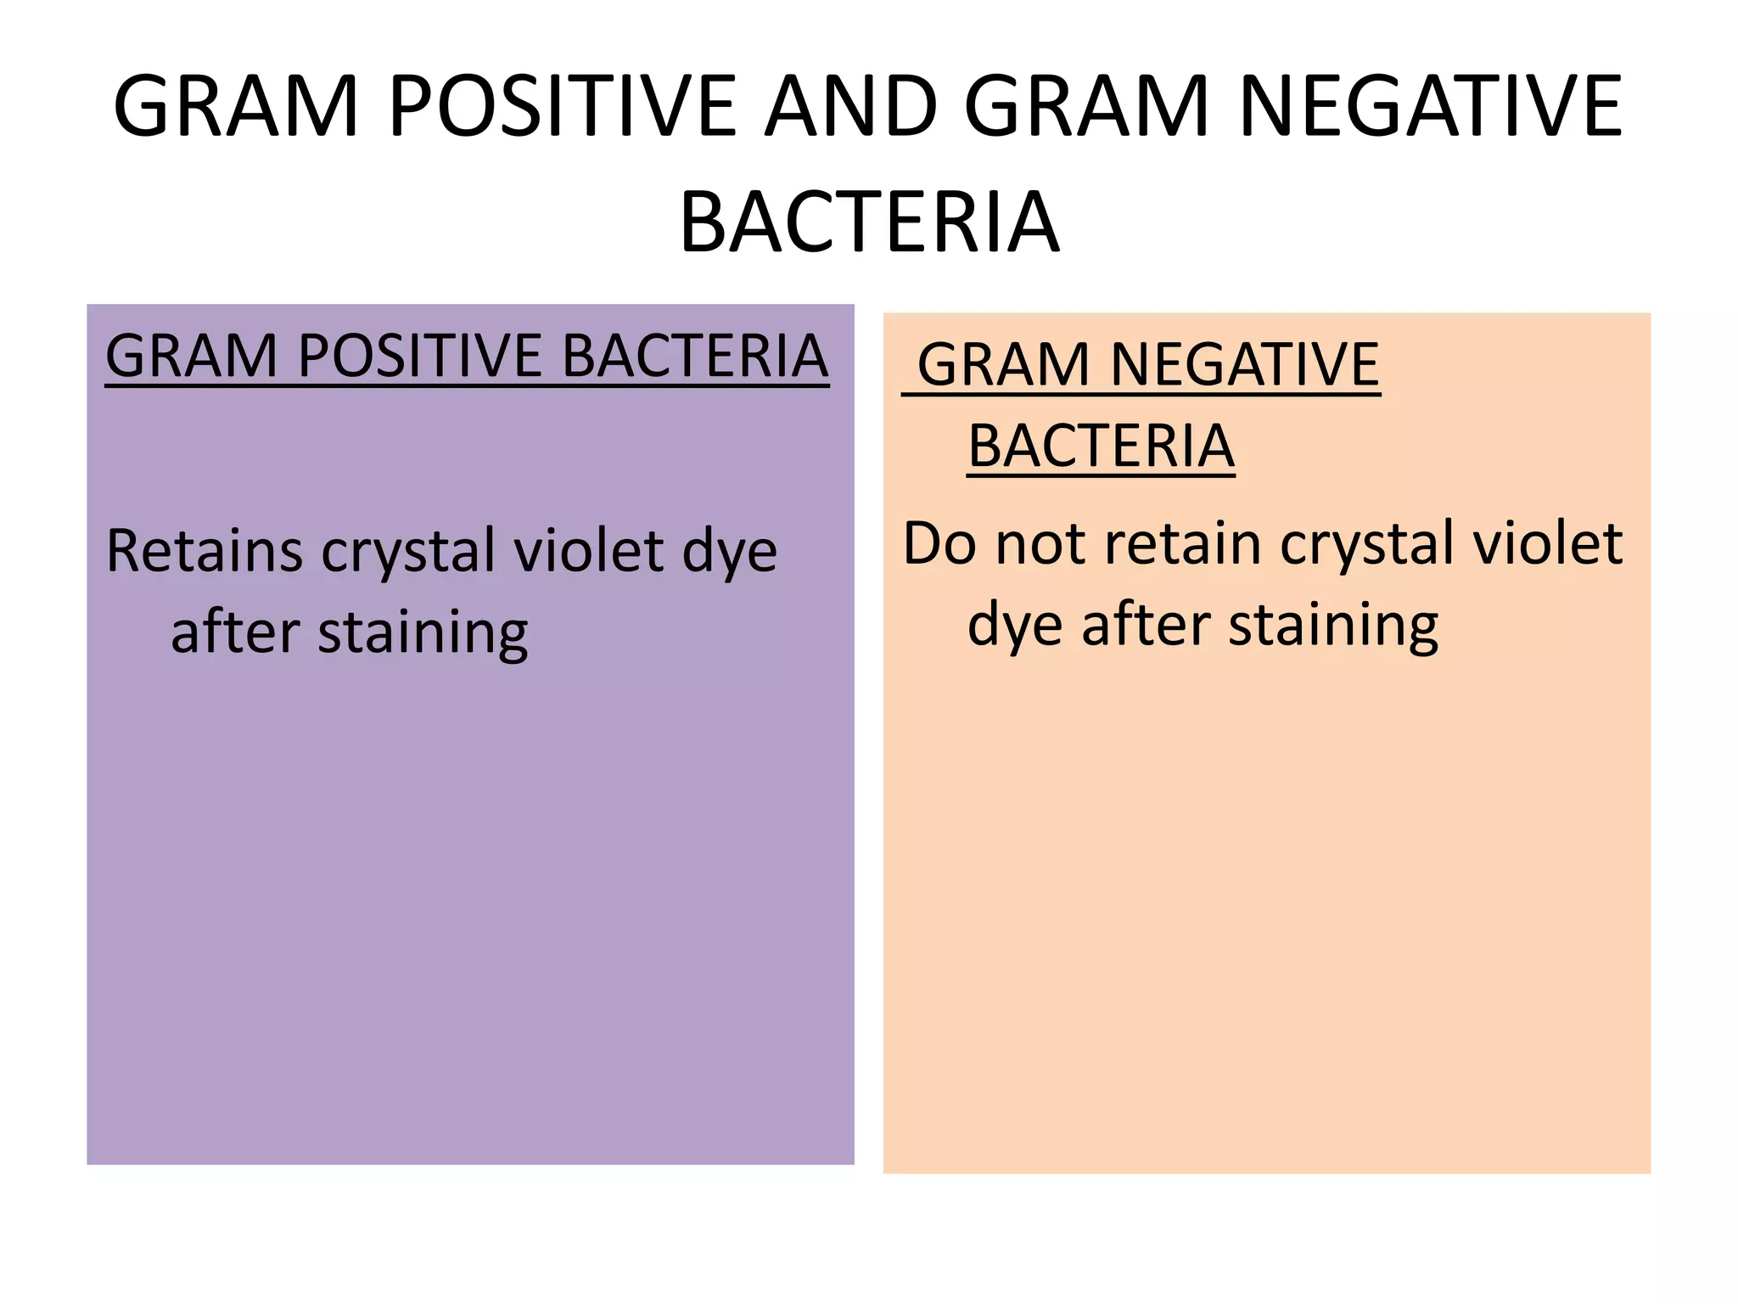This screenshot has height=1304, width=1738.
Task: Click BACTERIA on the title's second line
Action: [869, 222]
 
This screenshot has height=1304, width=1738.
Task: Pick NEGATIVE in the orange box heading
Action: [1244, 365]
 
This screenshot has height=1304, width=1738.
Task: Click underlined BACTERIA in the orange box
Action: [1101, 447]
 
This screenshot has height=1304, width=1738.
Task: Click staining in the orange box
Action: [1333, 627]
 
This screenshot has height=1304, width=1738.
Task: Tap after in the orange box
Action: [1146, 625]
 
